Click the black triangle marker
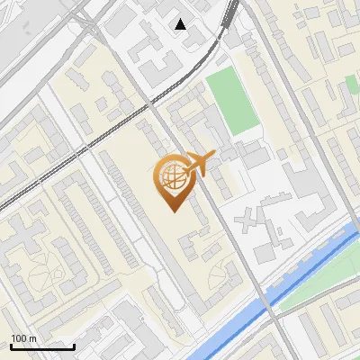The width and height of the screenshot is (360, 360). coord(181,24)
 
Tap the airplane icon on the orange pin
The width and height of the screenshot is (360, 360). coord(196,163)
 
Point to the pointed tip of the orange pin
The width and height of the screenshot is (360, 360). coord(173,210)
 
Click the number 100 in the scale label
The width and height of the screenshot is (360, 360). coord(20,338)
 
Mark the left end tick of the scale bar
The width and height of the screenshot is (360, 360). coord(11,345)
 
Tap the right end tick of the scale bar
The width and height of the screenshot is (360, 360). coord(74,345)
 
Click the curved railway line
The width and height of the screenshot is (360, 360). coord(135,111)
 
